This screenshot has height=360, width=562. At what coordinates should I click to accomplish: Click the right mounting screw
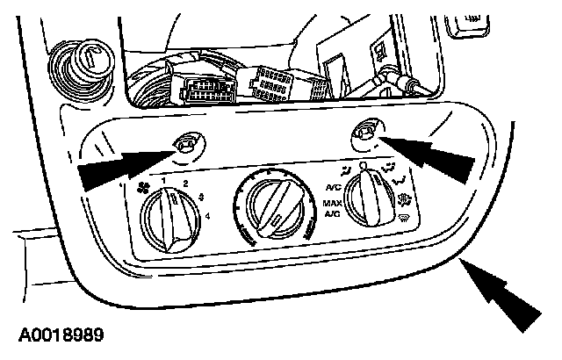[363, 133]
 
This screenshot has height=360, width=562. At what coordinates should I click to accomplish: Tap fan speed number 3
[202, 197]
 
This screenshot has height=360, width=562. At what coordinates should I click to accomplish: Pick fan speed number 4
[207, 215]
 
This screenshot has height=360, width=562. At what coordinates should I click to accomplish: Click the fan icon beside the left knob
[143, 186]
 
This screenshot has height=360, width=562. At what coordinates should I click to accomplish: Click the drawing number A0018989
[59, 335]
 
